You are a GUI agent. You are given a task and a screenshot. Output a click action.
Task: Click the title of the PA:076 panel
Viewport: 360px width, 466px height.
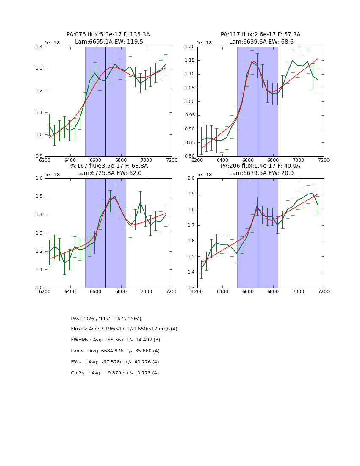[108, 38]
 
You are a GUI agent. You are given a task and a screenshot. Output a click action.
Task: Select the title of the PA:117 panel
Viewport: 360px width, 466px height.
[260, 38]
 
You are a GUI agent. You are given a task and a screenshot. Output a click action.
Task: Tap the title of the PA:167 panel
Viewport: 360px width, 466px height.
[108, 169]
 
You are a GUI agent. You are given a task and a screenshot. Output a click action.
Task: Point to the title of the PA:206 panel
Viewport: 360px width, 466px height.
[260, 169]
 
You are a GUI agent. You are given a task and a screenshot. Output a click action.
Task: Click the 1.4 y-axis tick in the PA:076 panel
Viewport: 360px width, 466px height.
[39, 47]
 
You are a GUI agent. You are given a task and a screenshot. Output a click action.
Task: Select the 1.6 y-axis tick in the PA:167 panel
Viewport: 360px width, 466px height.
[39, 178]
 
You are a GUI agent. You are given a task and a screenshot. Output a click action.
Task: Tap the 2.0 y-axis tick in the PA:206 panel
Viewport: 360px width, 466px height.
[191, 178]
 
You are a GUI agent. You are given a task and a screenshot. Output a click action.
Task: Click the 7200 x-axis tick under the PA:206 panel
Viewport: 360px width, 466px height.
[324, 291]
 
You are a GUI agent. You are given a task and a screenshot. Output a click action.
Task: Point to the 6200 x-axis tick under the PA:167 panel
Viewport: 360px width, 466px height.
[45, 291]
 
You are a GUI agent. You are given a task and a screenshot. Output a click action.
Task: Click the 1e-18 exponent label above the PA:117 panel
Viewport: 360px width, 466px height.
[205, 43]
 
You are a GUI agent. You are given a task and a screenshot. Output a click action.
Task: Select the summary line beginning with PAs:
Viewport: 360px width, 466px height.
[106, 319]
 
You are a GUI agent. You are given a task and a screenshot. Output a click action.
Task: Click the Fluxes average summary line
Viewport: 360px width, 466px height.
[124, 329]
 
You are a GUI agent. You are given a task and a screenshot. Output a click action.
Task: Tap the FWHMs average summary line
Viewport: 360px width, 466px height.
[115, 340]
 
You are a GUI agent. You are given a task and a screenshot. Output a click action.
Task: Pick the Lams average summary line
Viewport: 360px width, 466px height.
[115, 351]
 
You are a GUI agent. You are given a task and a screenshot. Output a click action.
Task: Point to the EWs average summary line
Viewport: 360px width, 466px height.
[115, 362]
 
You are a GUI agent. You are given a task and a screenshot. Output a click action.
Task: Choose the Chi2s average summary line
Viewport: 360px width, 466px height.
[115, 373]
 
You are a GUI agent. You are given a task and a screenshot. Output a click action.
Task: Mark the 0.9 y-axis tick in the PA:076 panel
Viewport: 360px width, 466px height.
[39, 156]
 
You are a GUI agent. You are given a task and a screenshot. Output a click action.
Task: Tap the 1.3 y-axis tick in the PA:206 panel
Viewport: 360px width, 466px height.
[191, 288]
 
